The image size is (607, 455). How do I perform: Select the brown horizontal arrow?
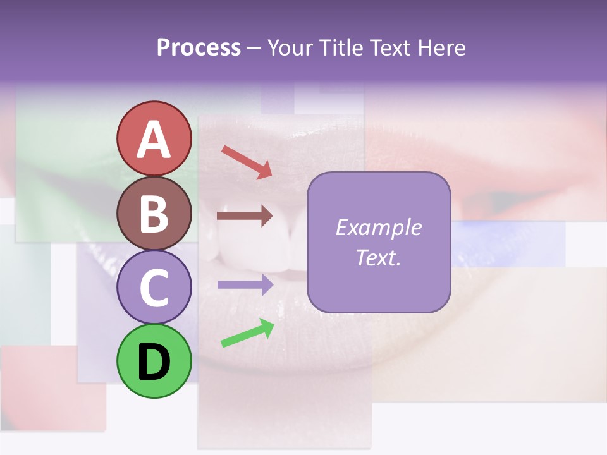(x=245, y=216)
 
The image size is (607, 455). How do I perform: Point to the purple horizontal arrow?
(x=245, y=284)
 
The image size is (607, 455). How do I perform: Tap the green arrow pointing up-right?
(x=247, y=333)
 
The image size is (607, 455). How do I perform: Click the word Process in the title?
(x=199, y=48)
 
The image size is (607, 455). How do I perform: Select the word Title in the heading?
(x=340, y=48)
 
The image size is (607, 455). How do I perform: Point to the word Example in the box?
(x=378, y=227)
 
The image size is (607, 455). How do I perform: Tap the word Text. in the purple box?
(x=378, y=258)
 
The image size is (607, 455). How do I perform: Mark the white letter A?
(x=154, y=140)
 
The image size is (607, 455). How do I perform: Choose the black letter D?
(x=154, y=363)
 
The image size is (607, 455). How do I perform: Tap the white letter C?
(x=154, y=288)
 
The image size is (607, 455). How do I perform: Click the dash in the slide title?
(x=254, y=49)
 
